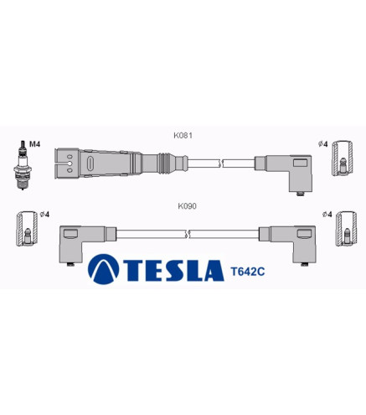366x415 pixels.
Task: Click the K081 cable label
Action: point(183,136)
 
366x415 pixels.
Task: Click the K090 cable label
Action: point(187,206)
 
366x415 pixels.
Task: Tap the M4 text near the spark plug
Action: point(35,144)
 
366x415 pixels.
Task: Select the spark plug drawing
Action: point(23,165)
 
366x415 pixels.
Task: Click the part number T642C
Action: point(248,272)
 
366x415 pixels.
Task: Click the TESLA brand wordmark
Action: point(173,270)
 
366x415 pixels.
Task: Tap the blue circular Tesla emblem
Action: point(103,269)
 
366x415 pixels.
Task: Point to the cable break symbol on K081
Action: point(220,163)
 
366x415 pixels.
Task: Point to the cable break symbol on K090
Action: point(188,234)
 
